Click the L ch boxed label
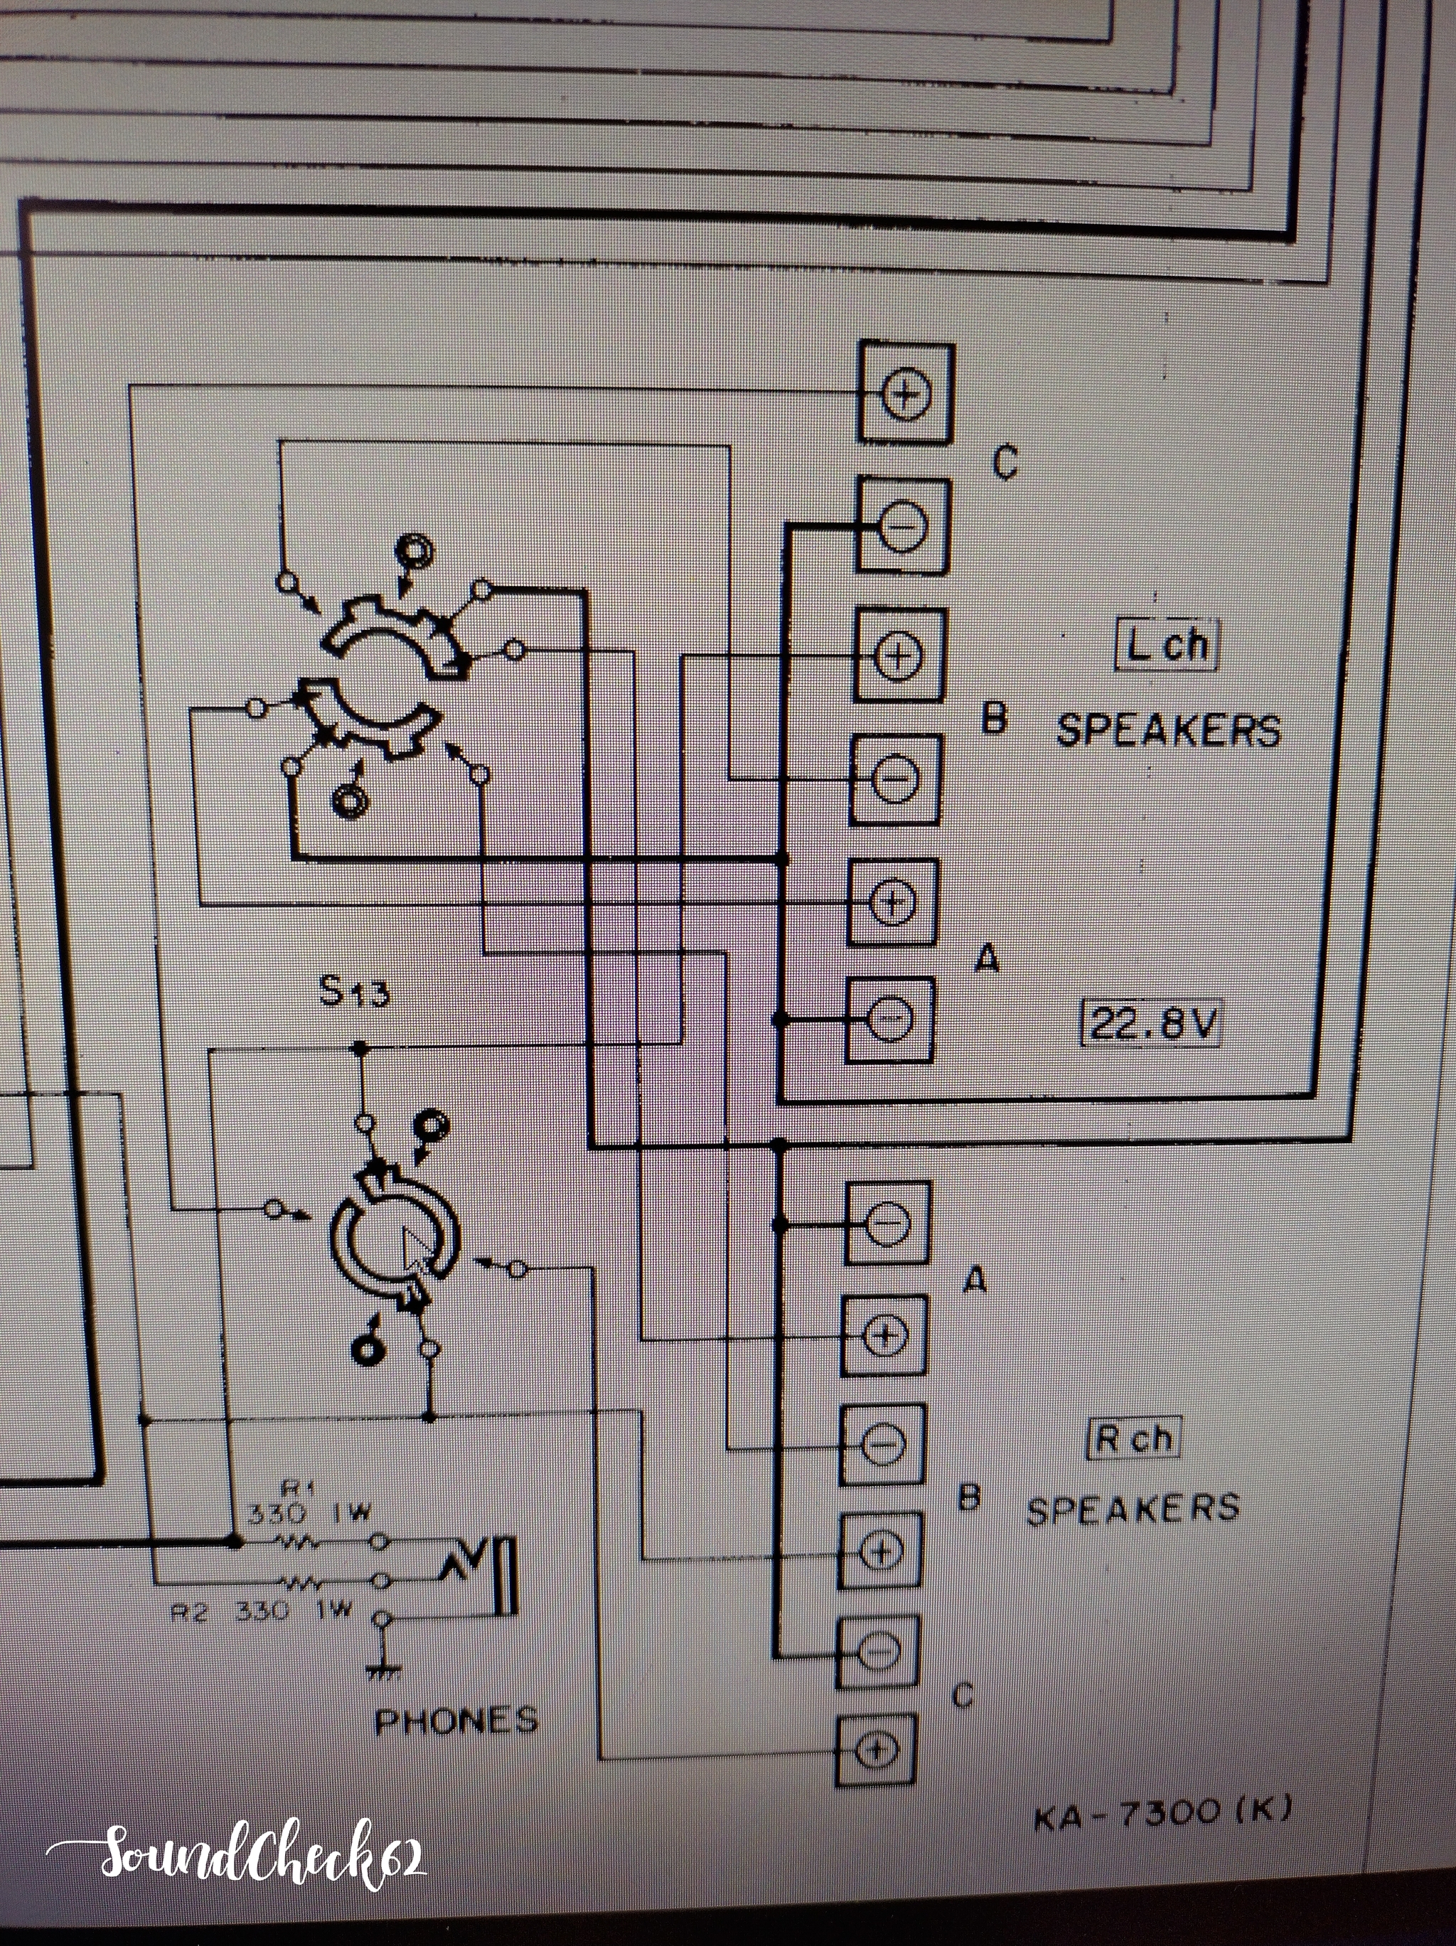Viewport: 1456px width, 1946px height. [x=1167, y=645]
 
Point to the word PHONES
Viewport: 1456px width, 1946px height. [x=456, y=1719]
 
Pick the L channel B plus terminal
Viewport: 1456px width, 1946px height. [x=896, y=655]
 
